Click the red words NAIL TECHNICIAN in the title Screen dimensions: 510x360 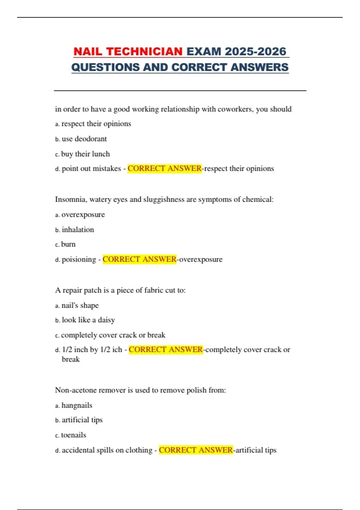click(128, 52)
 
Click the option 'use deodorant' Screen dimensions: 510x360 click(84, 139)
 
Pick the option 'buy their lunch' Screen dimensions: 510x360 click(85, 154)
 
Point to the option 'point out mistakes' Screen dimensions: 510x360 click(91, 169)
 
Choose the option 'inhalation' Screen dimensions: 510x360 click(78, 230)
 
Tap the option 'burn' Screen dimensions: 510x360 click(68, 244)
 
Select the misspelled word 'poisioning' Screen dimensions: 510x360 click(79, 259)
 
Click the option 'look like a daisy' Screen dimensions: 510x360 click(88, 320)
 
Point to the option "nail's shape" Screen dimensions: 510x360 click(80, 305)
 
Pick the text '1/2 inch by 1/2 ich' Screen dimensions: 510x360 click(92, 350)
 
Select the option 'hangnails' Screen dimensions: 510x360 click(77, 406)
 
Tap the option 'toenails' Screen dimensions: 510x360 click(73, 435)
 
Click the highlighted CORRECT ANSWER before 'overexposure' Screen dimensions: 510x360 click(139, 259)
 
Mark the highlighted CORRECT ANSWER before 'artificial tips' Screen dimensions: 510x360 click(196, 450)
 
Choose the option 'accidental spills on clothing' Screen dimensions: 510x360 click(107, 450)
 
